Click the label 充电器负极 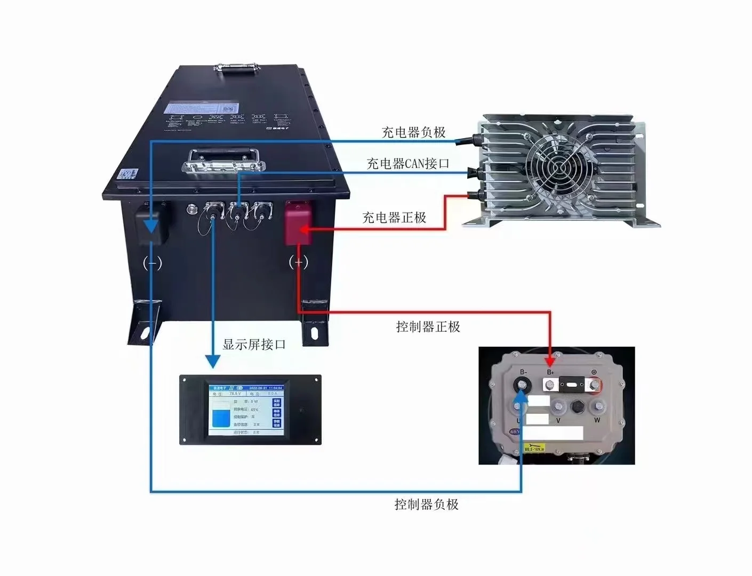pos(413,132)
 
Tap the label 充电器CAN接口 pos(408,164)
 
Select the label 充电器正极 pos(394,218)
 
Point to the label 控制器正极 pos(428,327)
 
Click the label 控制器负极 pos(426,504)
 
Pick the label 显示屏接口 pos(254,345)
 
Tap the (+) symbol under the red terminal pos(298,262)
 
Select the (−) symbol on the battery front pos(153,262)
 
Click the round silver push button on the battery pos(190,209)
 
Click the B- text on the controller pos(523,372)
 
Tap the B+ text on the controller pos(551,372)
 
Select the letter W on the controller pos(597,420)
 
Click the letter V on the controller pos(558,420)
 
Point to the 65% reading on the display pos(254,410)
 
